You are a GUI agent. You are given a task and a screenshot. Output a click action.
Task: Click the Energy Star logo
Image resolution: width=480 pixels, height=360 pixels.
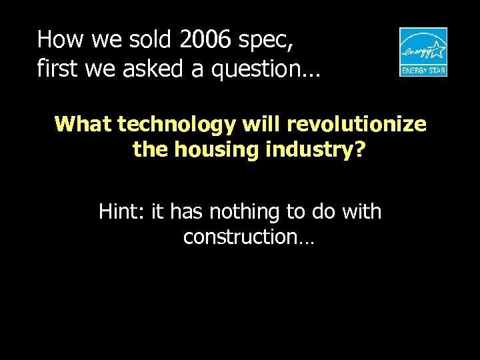tap(423, 52)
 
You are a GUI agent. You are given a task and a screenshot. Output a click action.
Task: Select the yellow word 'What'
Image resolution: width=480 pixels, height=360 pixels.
tap(83, 125)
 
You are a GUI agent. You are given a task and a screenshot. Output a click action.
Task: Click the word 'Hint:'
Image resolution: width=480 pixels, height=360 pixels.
tap(122, 212)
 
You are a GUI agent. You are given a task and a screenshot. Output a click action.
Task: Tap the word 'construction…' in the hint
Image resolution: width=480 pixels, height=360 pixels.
tap(247, 237)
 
